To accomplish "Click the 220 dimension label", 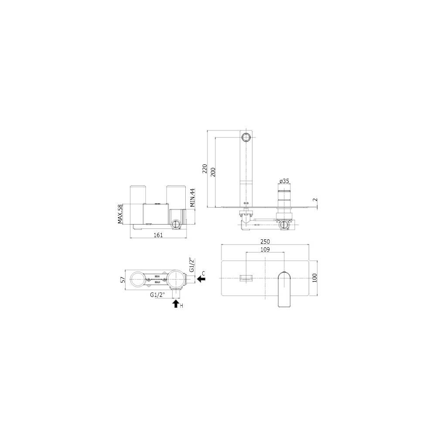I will point(205,169).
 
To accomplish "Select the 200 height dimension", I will point(213,172).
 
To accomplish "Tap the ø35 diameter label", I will point(285,181).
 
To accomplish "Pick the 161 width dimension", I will point(158,235).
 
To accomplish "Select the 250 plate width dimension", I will point(265,242).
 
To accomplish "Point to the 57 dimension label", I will point(123,279).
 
